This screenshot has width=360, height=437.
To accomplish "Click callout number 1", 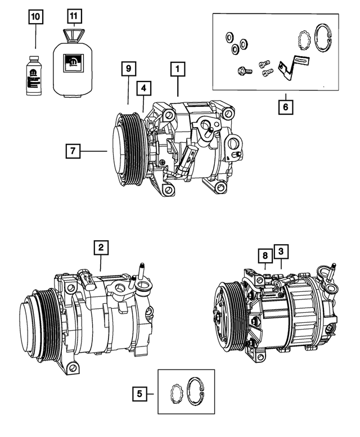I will pos(177,70).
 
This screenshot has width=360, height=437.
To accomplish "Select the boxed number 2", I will pos(100,247).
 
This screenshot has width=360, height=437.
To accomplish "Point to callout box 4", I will pos(144,88).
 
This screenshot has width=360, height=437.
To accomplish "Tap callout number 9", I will pos(128,69).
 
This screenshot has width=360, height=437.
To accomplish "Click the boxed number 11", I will pos(73,16).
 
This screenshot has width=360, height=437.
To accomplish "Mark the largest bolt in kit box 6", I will pos(243,71).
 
